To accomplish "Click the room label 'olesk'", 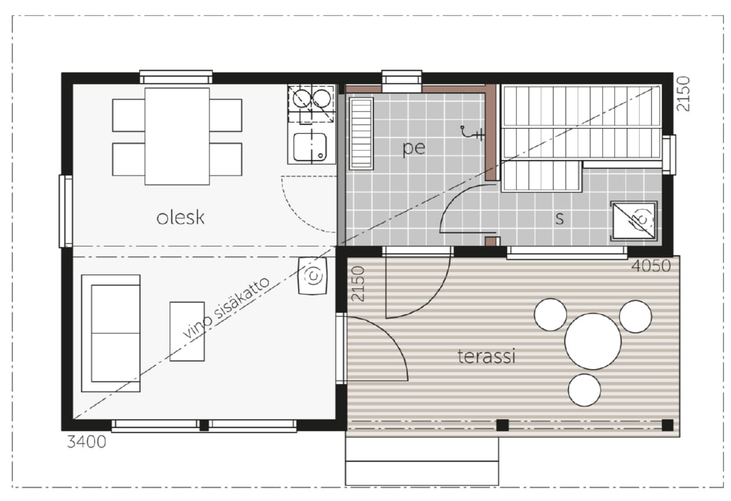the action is click(x=180, y=218).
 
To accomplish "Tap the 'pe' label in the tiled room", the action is click(x=414, y=148).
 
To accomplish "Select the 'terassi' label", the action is click(x=486, y=356).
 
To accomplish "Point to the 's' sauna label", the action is click(x=560, y=218).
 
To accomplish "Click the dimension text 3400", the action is click(x=87, y=442).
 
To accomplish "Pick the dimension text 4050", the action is click(x=652, y=266).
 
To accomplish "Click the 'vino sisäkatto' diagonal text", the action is click(x=226, y=307).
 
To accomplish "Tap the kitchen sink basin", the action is click(x=310, y=147).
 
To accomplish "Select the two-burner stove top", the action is click(x=312, y=103).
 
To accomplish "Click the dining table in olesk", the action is click(x=176, y=137).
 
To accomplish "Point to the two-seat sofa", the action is click(x=111, y=333).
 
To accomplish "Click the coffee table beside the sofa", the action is click(x=187, y=331).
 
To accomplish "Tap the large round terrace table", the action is click(x=593, y=341).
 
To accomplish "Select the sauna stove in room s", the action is click(x=634, y=220).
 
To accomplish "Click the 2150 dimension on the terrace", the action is click(x=357, y=284).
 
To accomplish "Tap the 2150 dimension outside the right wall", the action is click(x=683, y=93).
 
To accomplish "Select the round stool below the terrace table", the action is click(x=584, y=390).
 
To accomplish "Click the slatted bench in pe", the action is click(x=361, y=133).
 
